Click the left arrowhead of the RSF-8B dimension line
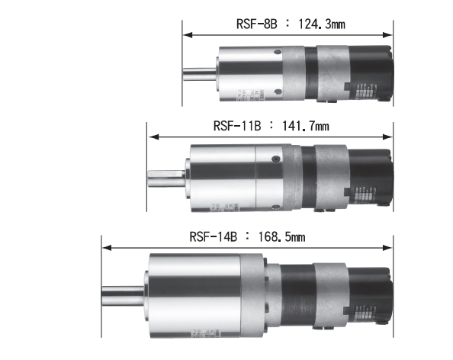(186, 34)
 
